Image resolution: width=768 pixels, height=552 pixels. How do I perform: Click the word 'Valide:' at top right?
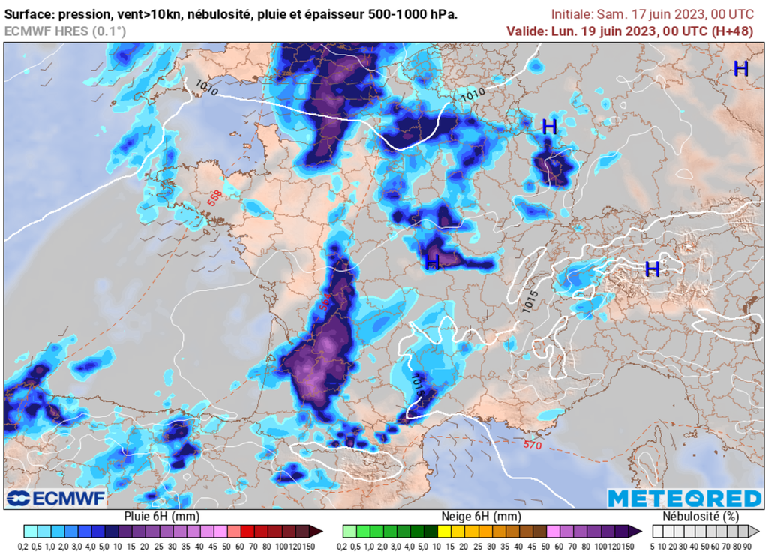526,31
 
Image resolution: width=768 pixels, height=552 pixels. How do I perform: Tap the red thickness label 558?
215,197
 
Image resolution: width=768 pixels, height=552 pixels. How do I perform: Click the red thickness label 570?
532,445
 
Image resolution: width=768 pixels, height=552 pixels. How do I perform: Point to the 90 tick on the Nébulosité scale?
751,545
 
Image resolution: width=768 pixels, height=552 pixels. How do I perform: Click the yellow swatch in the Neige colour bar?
445,531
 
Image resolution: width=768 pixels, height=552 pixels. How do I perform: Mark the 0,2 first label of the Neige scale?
349,545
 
